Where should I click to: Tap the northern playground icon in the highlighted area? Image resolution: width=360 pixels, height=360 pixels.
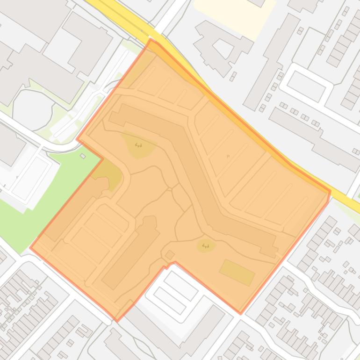pyautogui.click(x=138, y=145)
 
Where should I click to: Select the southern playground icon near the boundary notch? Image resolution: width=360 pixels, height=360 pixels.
pyautogui.click(x=205, y=245)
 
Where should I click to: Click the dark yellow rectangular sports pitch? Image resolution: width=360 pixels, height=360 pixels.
pyautogui.click(x=237, y=273)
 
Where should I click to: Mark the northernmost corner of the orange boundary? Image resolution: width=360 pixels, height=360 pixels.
pyautogui.click(x=151, y=40)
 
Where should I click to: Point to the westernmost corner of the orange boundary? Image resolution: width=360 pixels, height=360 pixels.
pyautogui.click(x=30, y=248)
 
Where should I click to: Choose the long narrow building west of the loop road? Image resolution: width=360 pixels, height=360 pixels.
pyautogui.click(x=271, y=61)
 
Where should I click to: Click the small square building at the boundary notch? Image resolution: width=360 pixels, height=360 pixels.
pyautogui.click(x=170, y=255)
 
